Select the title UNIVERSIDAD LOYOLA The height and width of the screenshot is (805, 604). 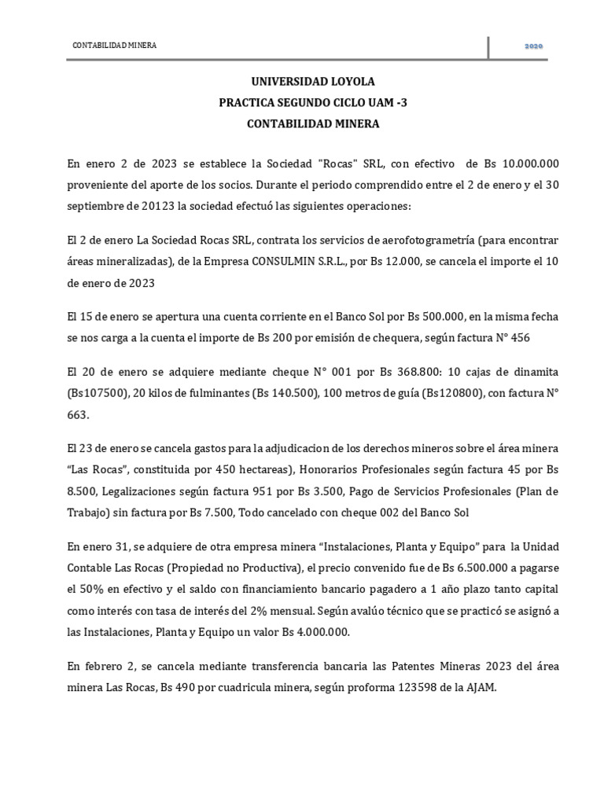[x=302, y=82]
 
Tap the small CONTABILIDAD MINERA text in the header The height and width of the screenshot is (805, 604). [x=114, y=46]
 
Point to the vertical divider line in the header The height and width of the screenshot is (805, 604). [x=488, y=46]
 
